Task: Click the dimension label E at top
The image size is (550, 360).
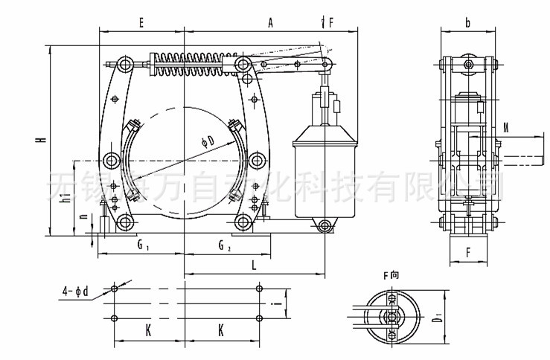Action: click(x=141, y=23)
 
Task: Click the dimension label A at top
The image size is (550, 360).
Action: click(x=270, y=23)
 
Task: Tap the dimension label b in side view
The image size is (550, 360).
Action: click(x=467, y=23)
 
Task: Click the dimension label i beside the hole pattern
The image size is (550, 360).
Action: click(x=276, y=303)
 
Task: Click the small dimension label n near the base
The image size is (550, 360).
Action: click(x=83, y=219)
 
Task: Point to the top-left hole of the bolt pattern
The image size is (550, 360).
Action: click(x=113, y=289)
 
